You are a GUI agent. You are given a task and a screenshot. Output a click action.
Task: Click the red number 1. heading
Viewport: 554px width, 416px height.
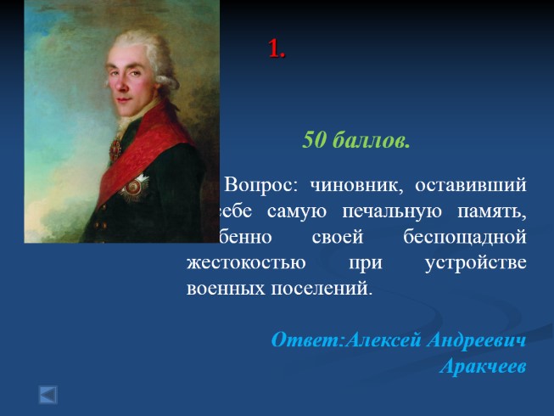coord(277,50)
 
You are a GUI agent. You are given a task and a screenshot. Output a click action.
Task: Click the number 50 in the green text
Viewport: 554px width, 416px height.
coord(315,141)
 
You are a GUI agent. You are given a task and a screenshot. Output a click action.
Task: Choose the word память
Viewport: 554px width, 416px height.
coord(491,210)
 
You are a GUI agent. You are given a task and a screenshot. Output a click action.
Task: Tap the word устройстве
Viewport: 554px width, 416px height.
coord(475,261)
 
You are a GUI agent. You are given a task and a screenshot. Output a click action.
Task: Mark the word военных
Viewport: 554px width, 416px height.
coord(225,286)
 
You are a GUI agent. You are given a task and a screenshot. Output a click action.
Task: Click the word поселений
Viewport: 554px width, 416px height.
coord(327,286)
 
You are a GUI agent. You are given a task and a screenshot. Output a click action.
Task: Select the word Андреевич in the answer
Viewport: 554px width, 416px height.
coord(475,340)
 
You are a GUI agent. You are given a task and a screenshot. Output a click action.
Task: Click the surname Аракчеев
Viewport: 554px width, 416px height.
coord(484,367)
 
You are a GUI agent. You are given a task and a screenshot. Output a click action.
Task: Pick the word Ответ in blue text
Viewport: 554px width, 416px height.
coord(305,340)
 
